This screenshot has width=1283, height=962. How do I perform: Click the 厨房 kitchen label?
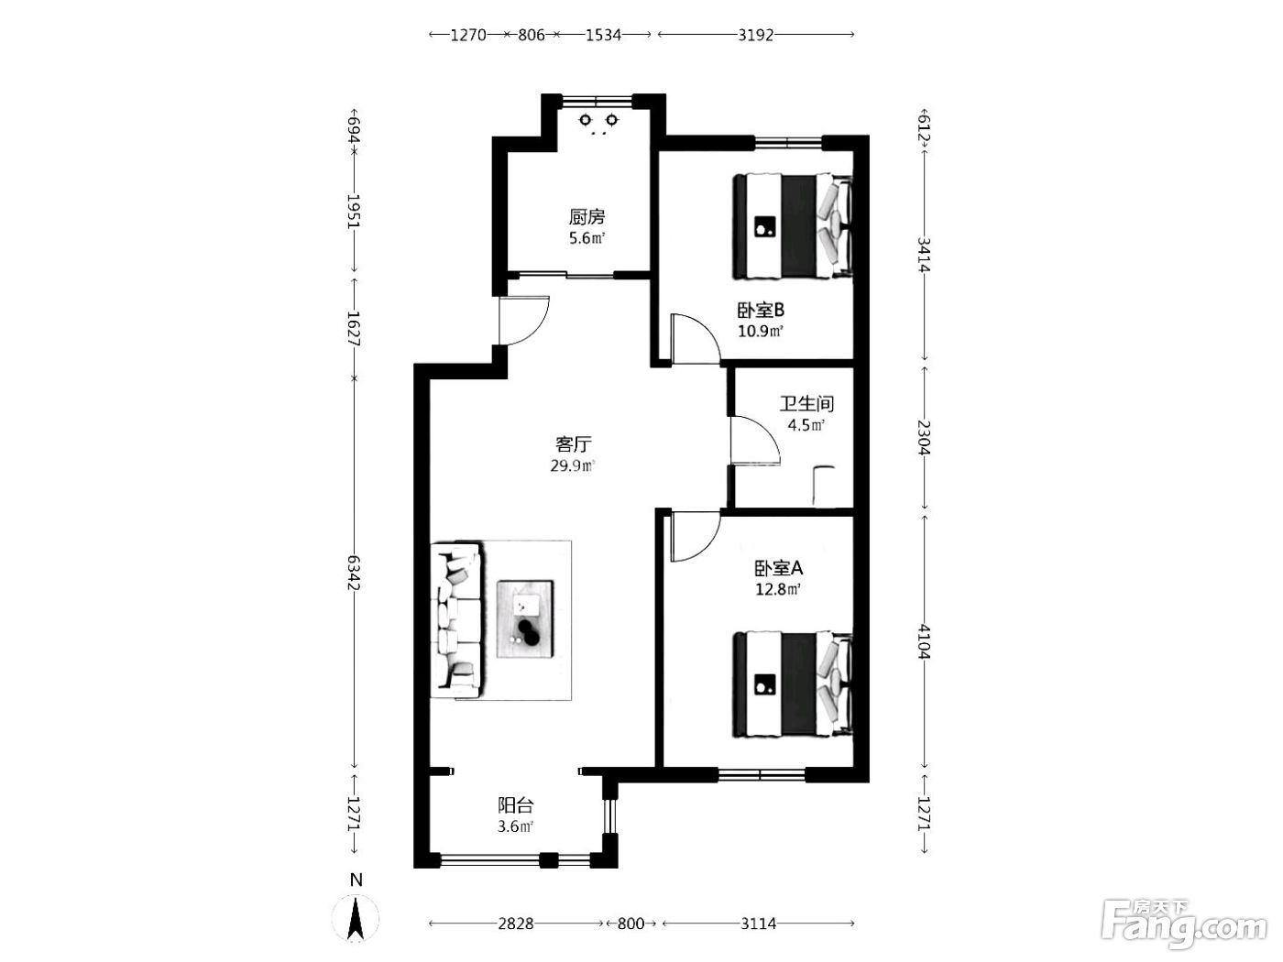coord(587,217)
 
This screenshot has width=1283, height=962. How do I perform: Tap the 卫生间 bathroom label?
coord(806,404)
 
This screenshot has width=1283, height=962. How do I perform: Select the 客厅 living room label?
coord(573,444)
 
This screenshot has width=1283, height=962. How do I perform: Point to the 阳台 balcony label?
coord(515,805)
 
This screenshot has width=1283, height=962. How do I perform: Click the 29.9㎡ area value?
coord(572,465)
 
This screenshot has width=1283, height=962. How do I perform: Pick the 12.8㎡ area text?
coord(777,589)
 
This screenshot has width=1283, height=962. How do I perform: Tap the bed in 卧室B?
coord(793,225)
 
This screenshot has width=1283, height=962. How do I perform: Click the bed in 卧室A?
coord(793,684)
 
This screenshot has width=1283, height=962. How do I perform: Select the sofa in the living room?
coord(456,619)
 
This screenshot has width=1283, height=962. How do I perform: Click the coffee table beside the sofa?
coord(525,619)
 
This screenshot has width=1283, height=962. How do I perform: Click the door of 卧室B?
coord(696,339)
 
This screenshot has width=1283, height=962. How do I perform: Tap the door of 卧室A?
coord(696,536)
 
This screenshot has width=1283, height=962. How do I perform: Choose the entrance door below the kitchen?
coord(523,320)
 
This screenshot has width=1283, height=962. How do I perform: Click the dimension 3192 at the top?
coord(755,35)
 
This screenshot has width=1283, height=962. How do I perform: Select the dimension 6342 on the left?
coord(354,573)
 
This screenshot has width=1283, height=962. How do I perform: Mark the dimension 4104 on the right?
coord(924,640)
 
